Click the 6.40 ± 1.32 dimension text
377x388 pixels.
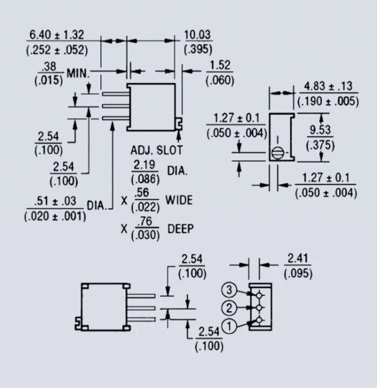coord(57,35)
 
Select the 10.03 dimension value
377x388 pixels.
coord(197,35)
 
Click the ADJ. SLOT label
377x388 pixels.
coord(156,150)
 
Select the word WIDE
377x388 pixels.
coord(179,200)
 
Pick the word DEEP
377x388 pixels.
coord(180,229)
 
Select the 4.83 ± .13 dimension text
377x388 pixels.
coord(328,86)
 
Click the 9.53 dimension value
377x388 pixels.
coord(320,130)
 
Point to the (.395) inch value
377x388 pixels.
coord(197,49)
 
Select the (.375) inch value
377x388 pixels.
coord(320,145)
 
